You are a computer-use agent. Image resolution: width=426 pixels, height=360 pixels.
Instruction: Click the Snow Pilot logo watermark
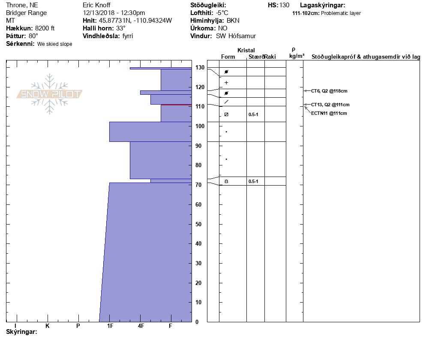50,94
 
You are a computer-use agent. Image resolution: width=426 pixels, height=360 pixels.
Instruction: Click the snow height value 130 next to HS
284,5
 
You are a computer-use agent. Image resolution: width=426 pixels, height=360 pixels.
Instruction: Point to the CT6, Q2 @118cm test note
329,91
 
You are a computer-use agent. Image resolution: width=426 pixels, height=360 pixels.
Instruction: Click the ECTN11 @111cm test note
329,113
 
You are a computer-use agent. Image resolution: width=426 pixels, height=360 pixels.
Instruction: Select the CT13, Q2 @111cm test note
330,105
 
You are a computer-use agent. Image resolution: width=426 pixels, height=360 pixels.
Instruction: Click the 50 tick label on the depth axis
198,224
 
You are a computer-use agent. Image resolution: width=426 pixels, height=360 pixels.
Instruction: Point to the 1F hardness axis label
110,326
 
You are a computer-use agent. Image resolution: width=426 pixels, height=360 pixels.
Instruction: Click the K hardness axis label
48,326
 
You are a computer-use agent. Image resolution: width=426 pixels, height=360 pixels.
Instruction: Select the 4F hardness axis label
141,326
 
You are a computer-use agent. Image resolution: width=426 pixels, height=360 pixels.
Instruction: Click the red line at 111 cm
176,105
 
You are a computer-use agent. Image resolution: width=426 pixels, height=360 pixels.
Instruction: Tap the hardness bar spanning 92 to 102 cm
150,132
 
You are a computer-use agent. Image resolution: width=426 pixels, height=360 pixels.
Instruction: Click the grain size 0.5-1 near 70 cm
253,182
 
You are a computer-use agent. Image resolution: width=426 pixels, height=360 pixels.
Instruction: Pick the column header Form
228,57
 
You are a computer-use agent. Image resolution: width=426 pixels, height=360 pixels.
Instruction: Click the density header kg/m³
297,56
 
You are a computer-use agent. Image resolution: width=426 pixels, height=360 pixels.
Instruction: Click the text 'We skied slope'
54,44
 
